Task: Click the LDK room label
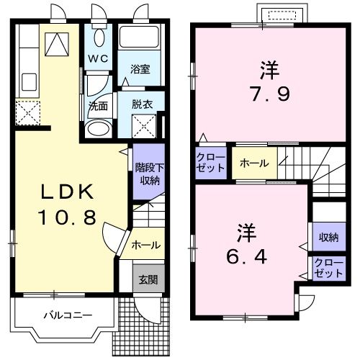(66, 192)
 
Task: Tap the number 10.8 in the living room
(67, 217)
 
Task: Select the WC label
(98, 58)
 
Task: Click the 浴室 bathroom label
(140, 70)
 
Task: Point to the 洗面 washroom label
(98, 105)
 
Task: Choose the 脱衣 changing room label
(141, 104)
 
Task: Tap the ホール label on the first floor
(146, 246)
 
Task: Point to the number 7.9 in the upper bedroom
(268, 95)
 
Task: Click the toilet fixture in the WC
(99, 37)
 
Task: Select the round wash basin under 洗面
(96, 128)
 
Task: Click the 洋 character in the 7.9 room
(269, 70)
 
